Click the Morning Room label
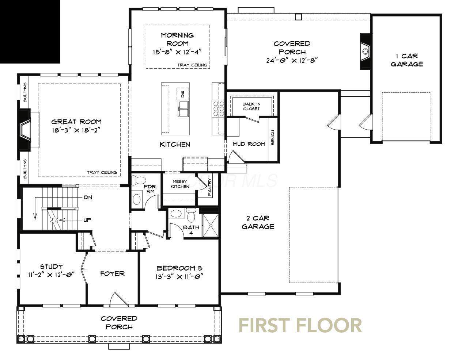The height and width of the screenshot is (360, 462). (x=177, y=39)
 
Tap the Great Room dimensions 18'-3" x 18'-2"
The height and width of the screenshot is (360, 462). (x=76, y=130)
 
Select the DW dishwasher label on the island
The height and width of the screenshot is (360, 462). (x=183, y=94)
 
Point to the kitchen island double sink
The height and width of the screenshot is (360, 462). (x=183, y=109)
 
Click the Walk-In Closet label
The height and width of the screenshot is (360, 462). (x=251, y=106)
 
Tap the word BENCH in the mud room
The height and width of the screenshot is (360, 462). (x=273, y=138)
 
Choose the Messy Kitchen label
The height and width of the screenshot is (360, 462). (x=180, y=184)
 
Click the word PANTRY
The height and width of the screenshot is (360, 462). (x=210, y=187)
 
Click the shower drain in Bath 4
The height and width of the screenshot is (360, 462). (x=211, y=225)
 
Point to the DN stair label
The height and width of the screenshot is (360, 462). (x=88, y=198)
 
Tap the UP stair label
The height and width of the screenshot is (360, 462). (x=87, y=220)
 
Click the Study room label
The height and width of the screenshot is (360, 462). (x=52, y=267)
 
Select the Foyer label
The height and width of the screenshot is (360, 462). (x=113, y=274)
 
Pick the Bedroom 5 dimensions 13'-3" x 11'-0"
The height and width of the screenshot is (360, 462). (x=179, y=276)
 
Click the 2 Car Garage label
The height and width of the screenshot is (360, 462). (x=258, y=222)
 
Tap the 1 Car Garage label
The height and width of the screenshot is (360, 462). (x=407, y=60)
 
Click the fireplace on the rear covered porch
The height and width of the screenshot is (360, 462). (x=365, y=51)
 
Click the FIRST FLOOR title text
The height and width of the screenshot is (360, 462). (x=300, y=325)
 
